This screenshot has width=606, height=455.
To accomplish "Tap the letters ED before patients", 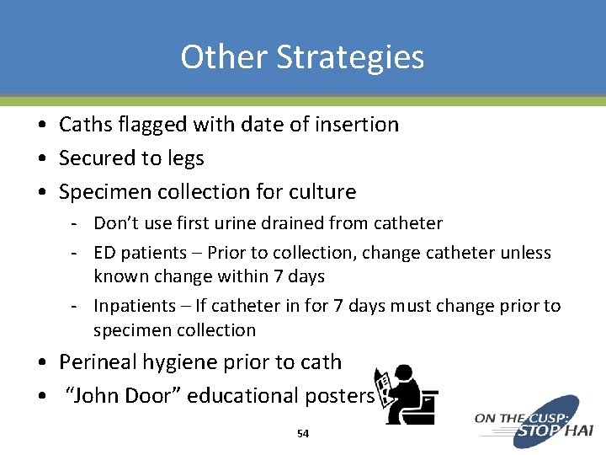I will tap(104, 253).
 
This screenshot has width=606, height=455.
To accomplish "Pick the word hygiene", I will tap(174, 362).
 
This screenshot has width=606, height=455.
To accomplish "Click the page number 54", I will tap(303, 433).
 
